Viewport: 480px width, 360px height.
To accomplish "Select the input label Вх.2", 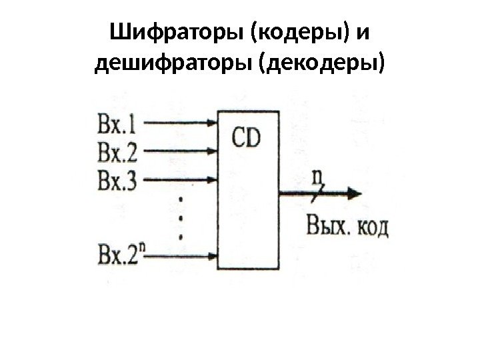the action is tap(117, 154).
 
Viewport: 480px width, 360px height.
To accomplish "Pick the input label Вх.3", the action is tap(117, 181).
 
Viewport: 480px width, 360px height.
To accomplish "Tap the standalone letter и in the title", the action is tap(359, 32).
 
